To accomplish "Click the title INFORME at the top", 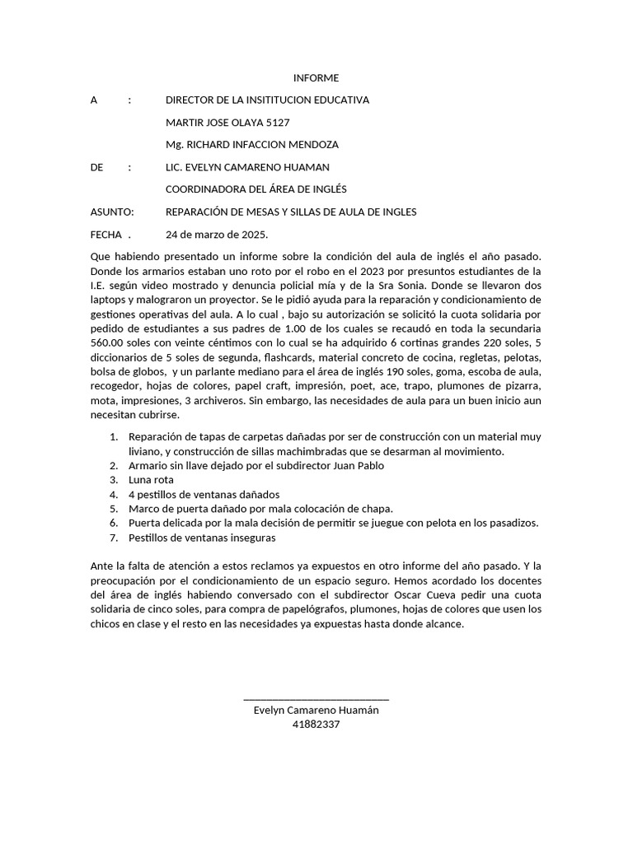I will (x=316, y=78).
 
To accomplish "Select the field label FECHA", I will (x=105, y=234).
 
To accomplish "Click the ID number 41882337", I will (x=316, y=724).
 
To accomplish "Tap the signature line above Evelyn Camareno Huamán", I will (x=316, y=699).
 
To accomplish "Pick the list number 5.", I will (x=114, y=509).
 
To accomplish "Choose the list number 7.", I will (x=114, y=538).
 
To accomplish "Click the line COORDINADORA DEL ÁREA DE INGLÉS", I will (x=256, y=189).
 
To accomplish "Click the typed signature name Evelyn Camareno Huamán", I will (x=316, y=710).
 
